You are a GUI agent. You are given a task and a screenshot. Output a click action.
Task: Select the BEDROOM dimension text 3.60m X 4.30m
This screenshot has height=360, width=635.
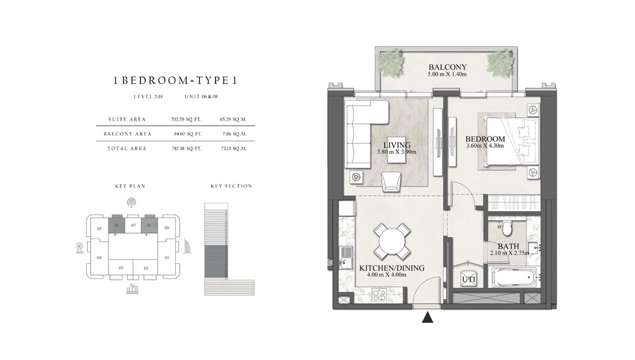point(485,146)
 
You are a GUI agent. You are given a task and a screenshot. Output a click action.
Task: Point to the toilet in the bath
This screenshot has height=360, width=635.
point(506,228)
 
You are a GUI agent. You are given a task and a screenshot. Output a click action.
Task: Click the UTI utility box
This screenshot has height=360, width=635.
point(468,279)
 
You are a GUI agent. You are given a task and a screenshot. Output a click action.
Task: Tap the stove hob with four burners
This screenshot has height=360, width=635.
point(378,294)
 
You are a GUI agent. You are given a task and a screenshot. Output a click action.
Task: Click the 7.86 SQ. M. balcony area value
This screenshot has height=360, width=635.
point(233,134)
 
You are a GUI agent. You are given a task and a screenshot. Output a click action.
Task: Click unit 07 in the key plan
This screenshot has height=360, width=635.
point(134,226)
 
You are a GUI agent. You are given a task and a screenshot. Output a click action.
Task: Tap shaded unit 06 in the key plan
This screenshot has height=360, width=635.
point(116,225)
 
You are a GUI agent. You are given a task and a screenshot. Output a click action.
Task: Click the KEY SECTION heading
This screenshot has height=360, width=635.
point(231,186)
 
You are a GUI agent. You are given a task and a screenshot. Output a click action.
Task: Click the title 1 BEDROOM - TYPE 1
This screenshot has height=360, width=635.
point(175,81)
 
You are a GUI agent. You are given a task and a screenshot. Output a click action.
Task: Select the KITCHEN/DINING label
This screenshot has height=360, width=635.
point(392,268)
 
